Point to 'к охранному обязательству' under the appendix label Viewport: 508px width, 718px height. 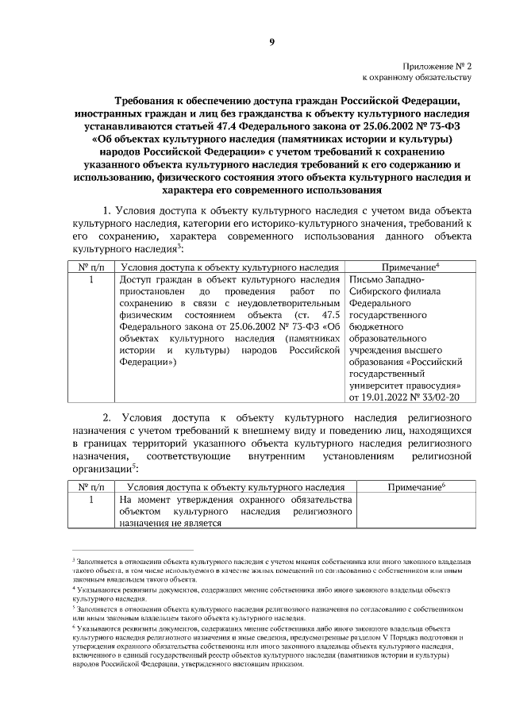tap(418, 79)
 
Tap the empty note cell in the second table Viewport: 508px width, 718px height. tap(409, 512)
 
